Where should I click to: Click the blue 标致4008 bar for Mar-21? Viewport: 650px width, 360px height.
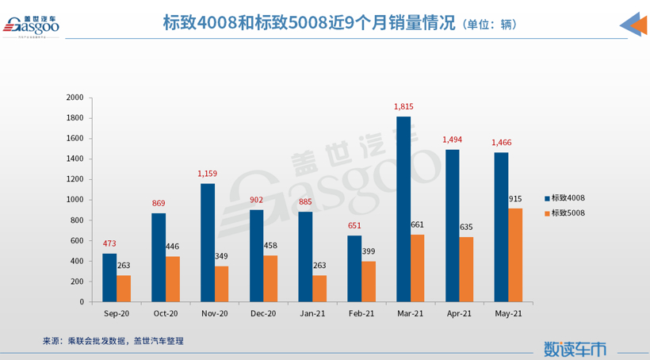point(403,209)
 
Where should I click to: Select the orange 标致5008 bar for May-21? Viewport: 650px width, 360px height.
point(516,255)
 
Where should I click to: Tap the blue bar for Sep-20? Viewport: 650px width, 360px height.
point(109,278)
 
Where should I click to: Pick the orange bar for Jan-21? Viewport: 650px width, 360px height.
point(319,289)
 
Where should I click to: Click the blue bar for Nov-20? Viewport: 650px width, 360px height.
point(208,243)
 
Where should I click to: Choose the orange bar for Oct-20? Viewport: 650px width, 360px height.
point(173,279)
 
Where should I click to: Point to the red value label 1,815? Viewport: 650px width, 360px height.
point(403,106)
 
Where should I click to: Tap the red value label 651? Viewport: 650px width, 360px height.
point(354,225)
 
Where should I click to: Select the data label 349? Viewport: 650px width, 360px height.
point(223,256)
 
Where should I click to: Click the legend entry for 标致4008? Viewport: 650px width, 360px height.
point(568,197)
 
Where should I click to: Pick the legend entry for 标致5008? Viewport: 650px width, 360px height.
point(568,213)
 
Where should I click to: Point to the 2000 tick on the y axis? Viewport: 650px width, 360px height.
point(75,98)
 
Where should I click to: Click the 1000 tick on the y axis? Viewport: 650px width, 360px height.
point(75,200)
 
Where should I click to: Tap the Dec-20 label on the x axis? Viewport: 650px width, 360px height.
point(264,315)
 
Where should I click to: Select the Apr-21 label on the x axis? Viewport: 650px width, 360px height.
point(459,315)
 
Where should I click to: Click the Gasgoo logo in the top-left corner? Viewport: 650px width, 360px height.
point(32,26)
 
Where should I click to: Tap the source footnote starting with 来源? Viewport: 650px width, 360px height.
point(113,341)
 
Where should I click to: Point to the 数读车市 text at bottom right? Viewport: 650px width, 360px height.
point(575,347)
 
